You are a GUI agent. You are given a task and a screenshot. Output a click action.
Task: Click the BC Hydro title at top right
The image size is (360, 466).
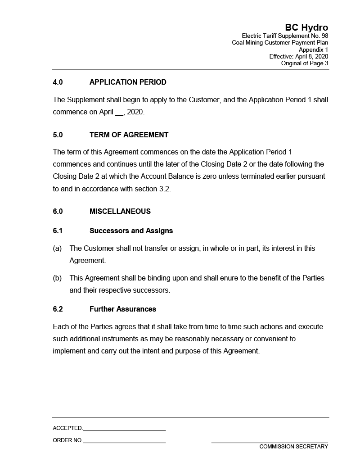(x=306, y=27)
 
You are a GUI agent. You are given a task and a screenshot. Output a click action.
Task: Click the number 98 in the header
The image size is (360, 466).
(x=324, y=36)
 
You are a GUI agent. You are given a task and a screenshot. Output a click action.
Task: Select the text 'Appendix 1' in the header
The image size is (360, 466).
(x=314, y=50)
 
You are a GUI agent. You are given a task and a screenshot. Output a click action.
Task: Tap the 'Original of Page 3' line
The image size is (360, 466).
(x=305, y=63)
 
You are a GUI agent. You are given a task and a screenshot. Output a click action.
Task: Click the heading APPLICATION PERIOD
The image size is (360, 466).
(x=128, y=82)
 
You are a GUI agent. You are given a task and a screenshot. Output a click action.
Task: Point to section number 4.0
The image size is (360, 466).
(x=58, y=82)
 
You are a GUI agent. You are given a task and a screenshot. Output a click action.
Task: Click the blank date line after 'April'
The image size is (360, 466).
(x=119, y=112)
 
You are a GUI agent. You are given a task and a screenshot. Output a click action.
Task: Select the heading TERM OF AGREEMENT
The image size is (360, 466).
(x=129, y=135)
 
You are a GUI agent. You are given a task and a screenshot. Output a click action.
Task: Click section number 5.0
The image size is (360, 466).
(x=58, y=135)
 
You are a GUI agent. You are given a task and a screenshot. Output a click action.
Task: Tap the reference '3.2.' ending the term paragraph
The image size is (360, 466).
(x=165, y=189)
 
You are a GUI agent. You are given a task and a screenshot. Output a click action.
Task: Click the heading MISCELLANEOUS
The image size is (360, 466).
(x=120, y=212)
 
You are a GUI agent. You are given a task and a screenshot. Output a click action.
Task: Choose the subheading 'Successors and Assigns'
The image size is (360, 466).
(x=131, y=231)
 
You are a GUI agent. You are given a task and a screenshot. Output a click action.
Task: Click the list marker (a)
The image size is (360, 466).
(x=57, y=249)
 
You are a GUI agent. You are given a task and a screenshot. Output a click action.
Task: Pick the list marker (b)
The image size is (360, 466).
(x=57, y=278)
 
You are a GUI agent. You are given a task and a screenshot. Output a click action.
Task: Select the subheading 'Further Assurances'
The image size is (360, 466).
(x=123, y=309)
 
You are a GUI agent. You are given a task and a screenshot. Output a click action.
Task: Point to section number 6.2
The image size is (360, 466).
(x=58, y=309)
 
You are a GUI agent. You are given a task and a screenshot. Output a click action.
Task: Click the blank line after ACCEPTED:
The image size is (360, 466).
(x=124, y=429)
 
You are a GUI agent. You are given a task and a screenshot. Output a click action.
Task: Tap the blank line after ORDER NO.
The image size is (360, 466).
(x=124, y=441)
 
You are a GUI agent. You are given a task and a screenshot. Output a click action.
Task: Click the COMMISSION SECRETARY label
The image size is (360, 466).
(x=293, y=447)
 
